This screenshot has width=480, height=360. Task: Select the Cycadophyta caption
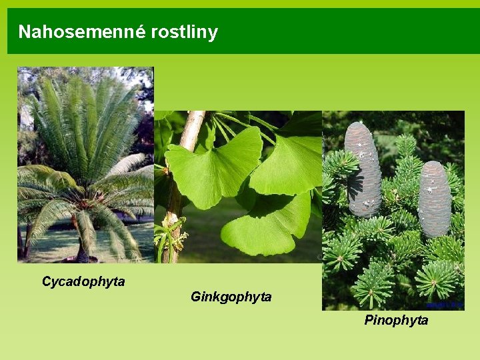coord(83,281)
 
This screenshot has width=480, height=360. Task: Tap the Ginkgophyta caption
coord(231,297)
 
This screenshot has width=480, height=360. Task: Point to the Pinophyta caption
coord(396,321)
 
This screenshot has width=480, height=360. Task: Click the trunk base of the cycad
coord(83,254)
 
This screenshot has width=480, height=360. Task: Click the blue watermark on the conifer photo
coord(445,305)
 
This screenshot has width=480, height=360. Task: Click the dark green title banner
coord(333,31)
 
